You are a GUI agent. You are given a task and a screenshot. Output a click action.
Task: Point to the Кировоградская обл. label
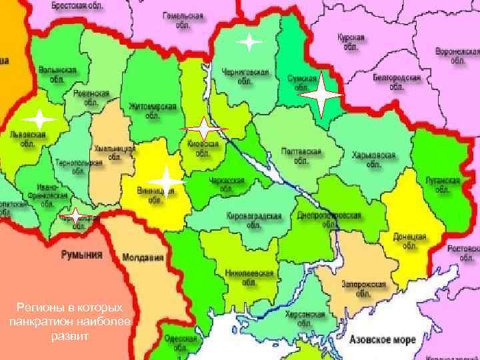(x=253, y=220)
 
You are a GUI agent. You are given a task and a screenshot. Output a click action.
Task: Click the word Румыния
(x=82, y=255)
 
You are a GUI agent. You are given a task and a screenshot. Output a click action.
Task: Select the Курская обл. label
(x=351, y=42)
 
